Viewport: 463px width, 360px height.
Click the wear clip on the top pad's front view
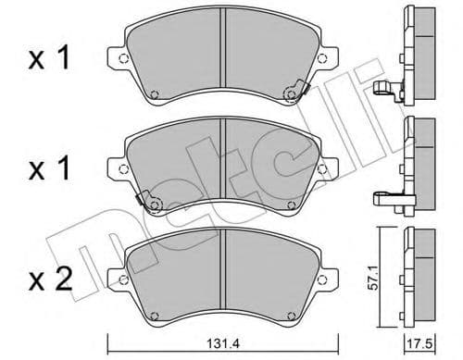[x=296, y=90]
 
